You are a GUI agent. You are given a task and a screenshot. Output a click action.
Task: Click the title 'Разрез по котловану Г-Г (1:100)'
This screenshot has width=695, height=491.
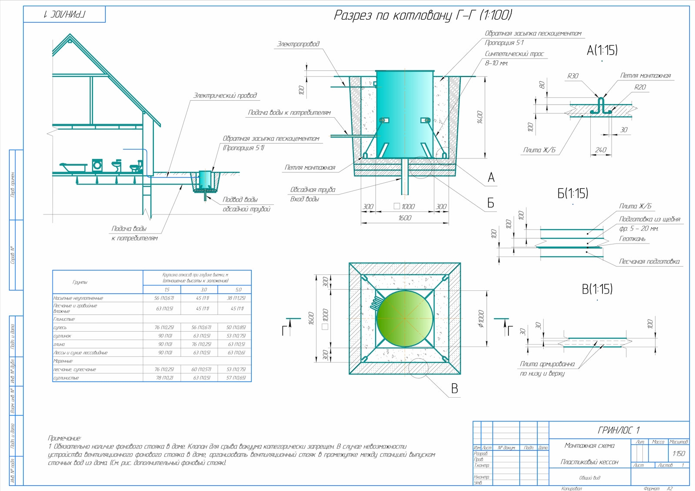tap(422, 15)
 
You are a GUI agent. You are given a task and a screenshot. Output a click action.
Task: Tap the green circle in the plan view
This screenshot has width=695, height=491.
tap(405, 319)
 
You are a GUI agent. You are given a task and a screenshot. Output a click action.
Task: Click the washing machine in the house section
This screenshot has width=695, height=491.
tap(97, 165)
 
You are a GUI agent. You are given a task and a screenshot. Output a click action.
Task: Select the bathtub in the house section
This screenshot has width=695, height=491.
tap(73, 166)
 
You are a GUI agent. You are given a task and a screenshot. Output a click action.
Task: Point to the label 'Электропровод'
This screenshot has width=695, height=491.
tap(298, 44)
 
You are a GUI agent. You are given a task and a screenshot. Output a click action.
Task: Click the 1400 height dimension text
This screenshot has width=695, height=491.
tap(480, 117)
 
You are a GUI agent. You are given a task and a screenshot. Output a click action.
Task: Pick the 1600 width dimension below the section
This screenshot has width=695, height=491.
tap(404, 218)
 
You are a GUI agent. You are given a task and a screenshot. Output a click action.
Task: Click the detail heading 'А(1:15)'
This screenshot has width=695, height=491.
tap(602, 50)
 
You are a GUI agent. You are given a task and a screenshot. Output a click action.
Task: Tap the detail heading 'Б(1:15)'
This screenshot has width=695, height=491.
tap(573, 194)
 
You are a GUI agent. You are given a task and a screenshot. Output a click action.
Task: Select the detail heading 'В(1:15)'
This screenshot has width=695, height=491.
tap(597, 289)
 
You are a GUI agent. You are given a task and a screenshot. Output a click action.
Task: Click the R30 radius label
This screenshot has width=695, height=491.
tap(573, 76)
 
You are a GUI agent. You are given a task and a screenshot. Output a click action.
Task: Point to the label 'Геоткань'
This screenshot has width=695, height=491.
tap(632, 239)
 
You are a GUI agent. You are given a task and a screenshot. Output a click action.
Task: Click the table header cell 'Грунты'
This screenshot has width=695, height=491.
tap(80, 282)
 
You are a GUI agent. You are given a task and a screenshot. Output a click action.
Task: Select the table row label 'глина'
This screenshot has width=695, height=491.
tap(59, 344)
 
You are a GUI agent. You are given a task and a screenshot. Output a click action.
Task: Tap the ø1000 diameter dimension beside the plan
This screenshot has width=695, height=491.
tap(481, 319)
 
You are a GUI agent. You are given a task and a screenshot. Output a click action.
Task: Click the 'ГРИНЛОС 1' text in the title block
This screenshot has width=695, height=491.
tap(619, 430)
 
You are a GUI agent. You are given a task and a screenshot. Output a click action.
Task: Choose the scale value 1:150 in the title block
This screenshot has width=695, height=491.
tap(678, 453)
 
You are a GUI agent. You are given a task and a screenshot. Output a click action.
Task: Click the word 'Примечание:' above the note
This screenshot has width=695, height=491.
tap(64, 438)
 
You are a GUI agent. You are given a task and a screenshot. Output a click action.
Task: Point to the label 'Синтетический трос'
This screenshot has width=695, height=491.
tap(514, 54)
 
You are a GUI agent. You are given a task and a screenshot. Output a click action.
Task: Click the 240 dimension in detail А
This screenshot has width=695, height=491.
tap(600, 150)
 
